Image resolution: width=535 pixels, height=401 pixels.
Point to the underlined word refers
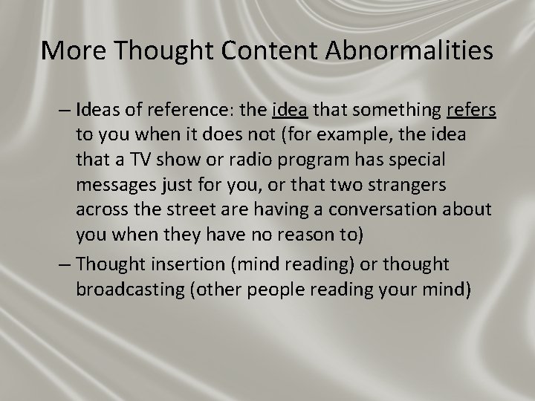point(472,111)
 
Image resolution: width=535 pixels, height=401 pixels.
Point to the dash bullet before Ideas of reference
point(65,111)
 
